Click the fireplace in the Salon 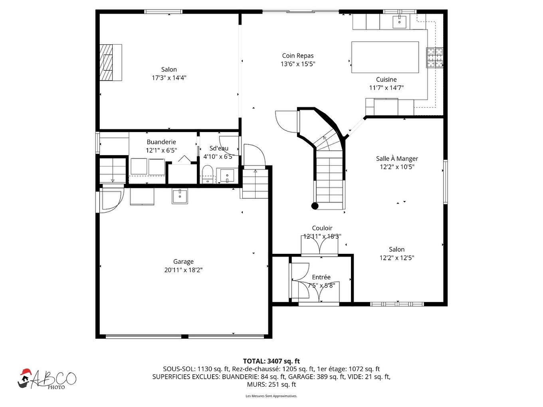click(110, 63)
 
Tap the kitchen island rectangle click(385, 57)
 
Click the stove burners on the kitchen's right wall click(434, 57)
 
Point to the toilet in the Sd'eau click(207, 175)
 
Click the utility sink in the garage click(180, 196)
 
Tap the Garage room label click(183, 262)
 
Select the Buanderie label click(161, 142)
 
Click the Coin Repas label click(298, 56)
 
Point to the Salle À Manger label click(397, 158)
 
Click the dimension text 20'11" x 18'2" click(183, 270)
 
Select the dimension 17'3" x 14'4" click(169, 78)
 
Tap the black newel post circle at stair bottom click(315, 206)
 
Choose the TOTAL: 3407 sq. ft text click(271, 361)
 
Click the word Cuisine click(386, 79)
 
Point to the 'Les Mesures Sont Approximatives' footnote click(271, 396)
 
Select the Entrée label click(321, 277)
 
